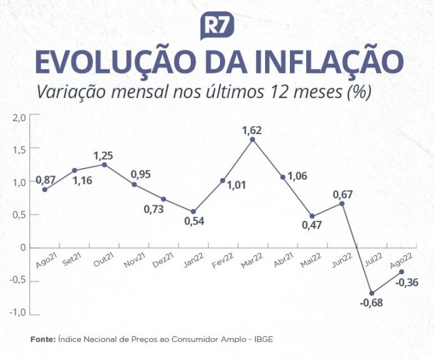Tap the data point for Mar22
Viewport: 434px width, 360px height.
[x=253, y=140]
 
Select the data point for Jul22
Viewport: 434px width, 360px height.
[x=371, y=293]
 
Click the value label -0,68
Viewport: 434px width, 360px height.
[x=371, y=304]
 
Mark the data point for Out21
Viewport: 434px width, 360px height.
[x=104, y=164]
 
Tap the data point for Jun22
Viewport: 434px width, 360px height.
[x=341, y=203]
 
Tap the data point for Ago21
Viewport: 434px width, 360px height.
[x=45, y=189]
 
